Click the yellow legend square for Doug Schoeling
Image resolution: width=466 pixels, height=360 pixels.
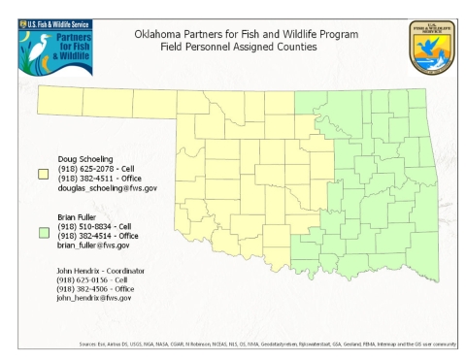43,175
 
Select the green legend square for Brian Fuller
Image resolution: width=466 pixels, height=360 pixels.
43,233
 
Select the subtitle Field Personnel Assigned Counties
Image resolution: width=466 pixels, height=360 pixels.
240,46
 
